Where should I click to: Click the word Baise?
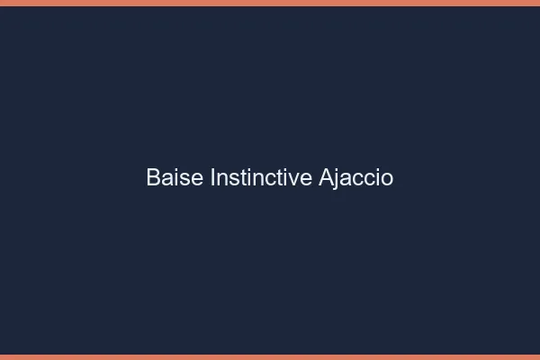[175, 177]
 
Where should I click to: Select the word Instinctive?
[261, 177]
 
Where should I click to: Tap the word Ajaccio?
[356, 177]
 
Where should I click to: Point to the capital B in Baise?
[153, 177]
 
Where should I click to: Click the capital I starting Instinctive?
[212, 177]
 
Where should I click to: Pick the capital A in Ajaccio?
[326, 177]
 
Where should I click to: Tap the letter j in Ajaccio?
[337, 179]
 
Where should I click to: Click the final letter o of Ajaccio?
[388, 179]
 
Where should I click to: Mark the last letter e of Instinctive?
[308, 179]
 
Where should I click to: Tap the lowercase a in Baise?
[166, 179]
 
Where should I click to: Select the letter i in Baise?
[176, 177]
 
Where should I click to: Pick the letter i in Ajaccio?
[378, 177]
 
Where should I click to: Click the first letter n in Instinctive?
[221, 179]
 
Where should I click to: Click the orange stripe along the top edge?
[270, 3]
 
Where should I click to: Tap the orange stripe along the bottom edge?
[270, 356]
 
